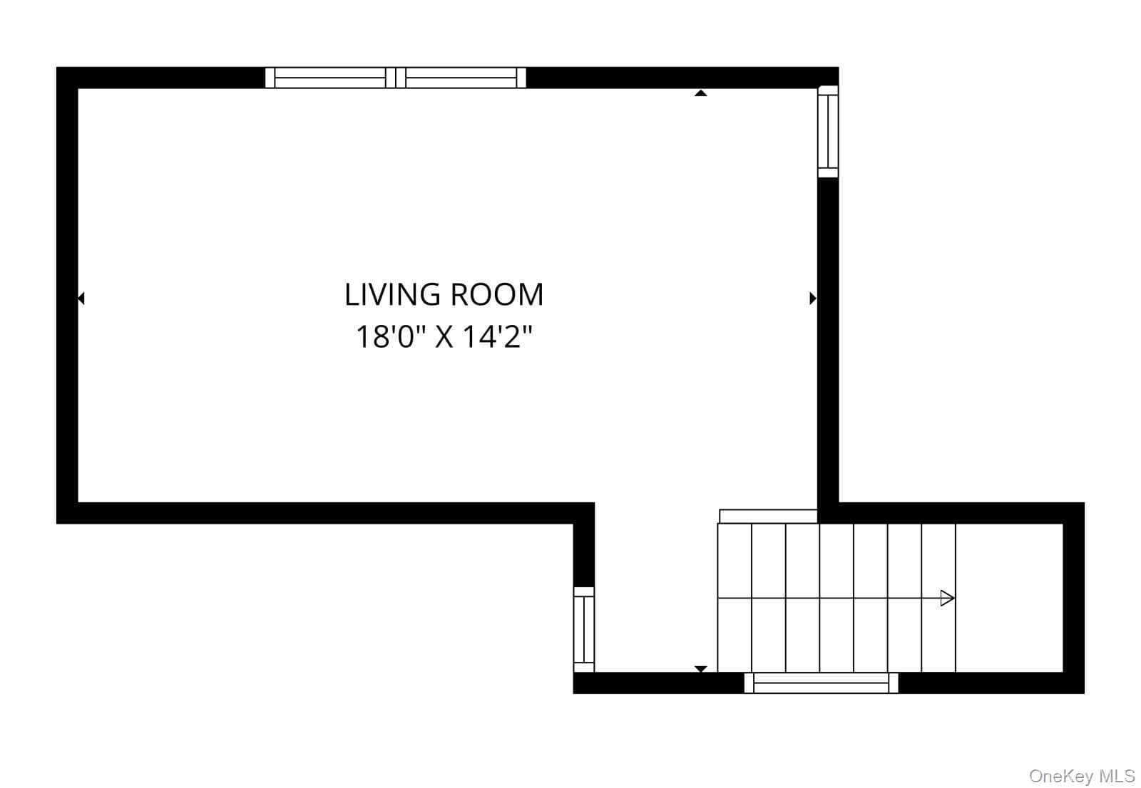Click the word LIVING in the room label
pos(392,295)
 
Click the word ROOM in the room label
pos(498,295)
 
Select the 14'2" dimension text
pos(497,337)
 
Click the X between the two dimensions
pos(444,338)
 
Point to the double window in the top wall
pos(395,78)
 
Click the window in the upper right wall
pos(828,132)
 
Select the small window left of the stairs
pos(584,630)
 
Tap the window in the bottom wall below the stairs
pos(821,683)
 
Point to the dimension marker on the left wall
pos(81,299)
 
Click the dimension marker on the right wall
pos(813,299)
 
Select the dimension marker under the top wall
pos(701,93)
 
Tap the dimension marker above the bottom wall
pos(701,669)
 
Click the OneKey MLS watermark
pos(1082,777)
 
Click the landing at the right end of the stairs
pos(1009,598)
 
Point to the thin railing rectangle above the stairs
pos(768,516)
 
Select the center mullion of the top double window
pos(395,78)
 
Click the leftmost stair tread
pos(735,598)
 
